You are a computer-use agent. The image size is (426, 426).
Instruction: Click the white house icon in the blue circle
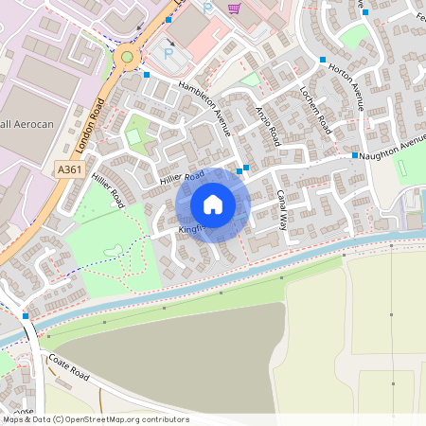213,204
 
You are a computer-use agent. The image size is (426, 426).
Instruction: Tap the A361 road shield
69,169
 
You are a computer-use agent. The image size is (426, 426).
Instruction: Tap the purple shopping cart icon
234,9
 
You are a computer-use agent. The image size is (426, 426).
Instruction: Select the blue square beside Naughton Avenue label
355,155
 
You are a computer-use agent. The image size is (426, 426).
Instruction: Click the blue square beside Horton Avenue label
323,60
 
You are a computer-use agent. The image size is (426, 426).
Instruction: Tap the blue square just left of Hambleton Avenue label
147,74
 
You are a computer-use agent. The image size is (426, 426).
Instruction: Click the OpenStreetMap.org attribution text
132,419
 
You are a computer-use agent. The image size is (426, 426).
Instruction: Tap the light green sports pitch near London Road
134,138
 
